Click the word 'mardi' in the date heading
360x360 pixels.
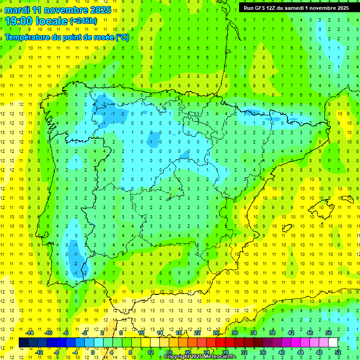point(15,10)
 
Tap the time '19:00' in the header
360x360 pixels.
point(20,21)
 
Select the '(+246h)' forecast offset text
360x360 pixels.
point(83,21)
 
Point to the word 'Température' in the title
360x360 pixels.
point(26,37)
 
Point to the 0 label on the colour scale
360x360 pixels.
point(92,352)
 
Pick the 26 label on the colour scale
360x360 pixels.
point(216,332)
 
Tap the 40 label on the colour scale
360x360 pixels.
point(282,352)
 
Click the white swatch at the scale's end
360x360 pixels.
point(333,342)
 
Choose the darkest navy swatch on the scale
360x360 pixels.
point(23,342)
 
